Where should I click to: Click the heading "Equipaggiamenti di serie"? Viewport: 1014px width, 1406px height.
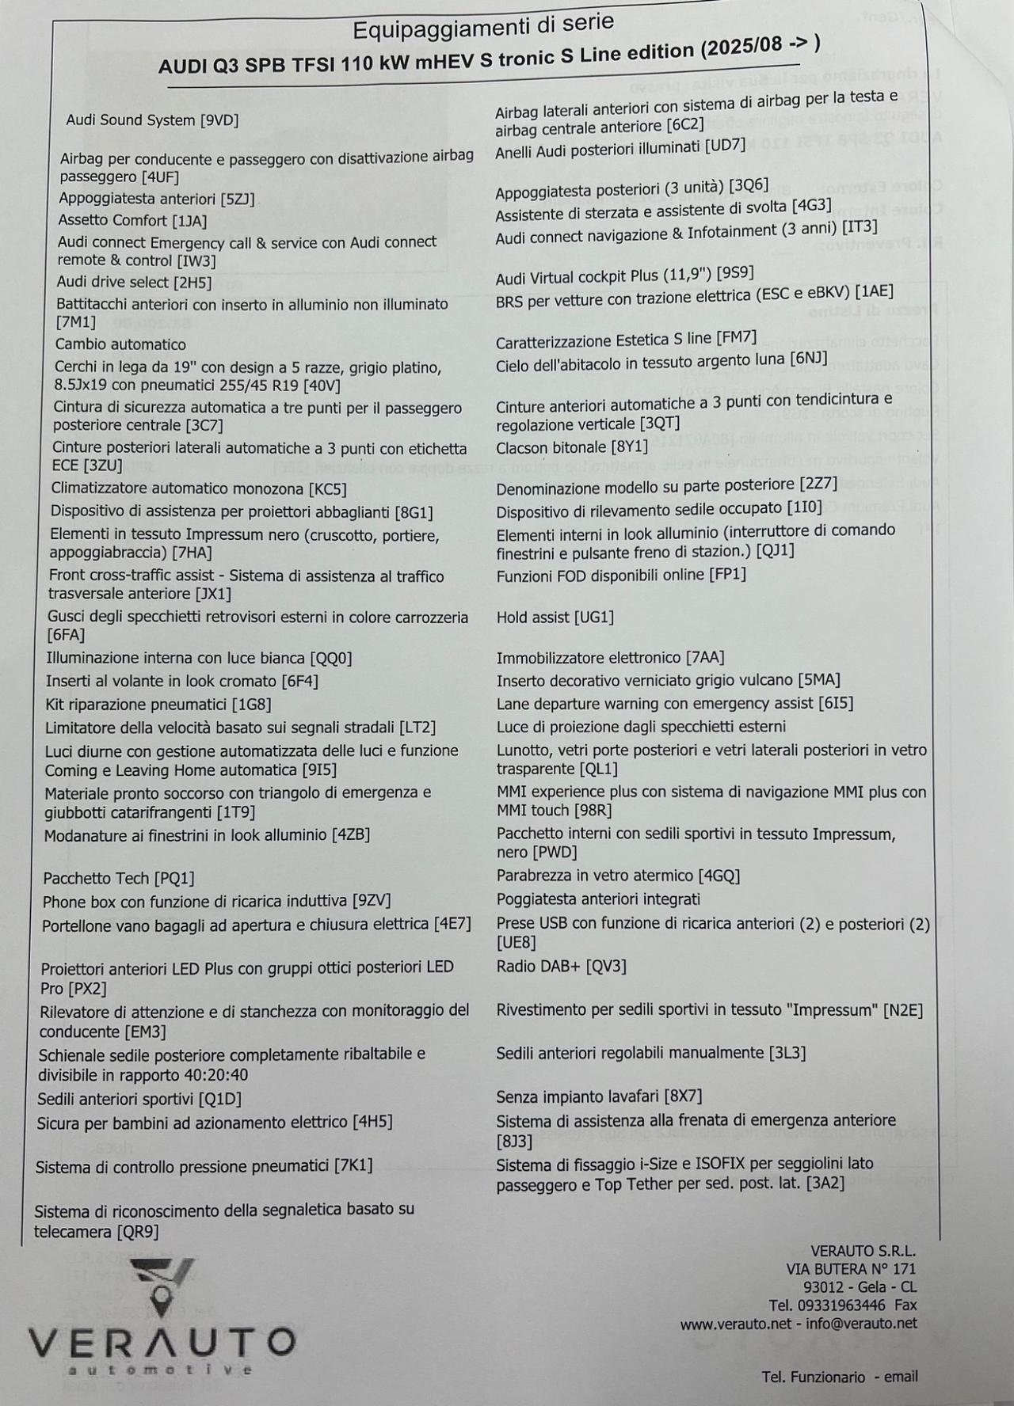tap(483, 27)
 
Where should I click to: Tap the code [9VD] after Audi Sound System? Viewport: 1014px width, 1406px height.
tap(219, 120)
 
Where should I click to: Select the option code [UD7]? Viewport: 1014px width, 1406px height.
tap(725, 146)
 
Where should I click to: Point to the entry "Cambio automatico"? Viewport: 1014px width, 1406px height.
tap(120, 344)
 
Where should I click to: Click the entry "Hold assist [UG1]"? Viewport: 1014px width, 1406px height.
tap(555, 617)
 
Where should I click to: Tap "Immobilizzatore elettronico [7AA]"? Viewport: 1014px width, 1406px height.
tap(610, 658)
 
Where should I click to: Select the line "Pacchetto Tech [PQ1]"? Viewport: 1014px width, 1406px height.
tap(119, 878)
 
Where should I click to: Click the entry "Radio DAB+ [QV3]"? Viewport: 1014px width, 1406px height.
tap(561, 966)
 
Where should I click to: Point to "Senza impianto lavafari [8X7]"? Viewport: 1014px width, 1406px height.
tap(599, 1096)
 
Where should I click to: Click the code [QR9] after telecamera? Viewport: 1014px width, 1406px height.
tap(137, 1232)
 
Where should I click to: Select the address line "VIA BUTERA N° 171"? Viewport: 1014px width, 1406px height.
tap(851, 1269)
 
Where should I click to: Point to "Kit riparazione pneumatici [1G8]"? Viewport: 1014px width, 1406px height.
tap(158, 705)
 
